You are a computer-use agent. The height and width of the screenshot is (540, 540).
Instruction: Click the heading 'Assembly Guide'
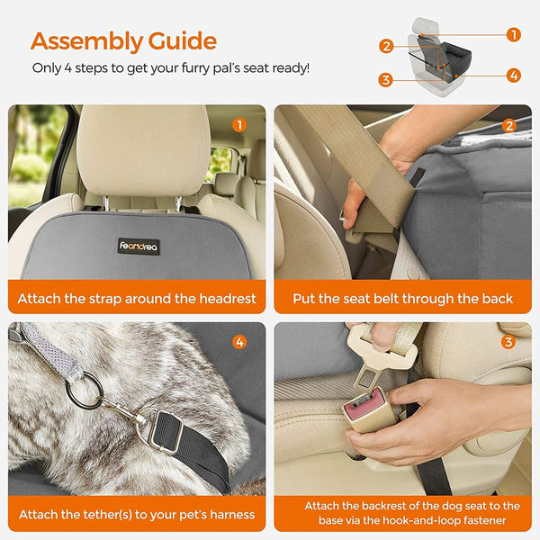(123, 40)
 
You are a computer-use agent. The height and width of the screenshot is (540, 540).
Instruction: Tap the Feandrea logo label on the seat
(139, 246)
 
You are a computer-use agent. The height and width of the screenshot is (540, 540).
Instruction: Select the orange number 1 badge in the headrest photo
(239, 125)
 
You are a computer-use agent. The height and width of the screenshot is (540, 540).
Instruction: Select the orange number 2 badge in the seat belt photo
(508, 125)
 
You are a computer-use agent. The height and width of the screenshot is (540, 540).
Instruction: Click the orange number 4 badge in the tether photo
(239, 342)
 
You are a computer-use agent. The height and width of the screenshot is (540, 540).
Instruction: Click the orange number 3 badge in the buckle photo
(508, 342)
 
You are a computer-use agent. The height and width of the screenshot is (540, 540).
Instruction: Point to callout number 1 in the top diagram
(513, 35)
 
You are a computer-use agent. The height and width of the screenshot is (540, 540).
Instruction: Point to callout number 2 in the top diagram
(386, 46)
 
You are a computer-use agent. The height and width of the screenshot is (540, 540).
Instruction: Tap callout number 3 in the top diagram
(386, 80)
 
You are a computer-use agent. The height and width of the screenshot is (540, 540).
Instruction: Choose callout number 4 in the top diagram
(513, 76)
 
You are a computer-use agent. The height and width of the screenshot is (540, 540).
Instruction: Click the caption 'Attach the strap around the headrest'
(137, 298)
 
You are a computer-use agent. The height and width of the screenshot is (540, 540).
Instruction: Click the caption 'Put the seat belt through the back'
(403, 298)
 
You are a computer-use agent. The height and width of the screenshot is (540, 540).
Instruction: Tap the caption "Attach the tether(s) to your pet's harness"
(137, 515)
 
